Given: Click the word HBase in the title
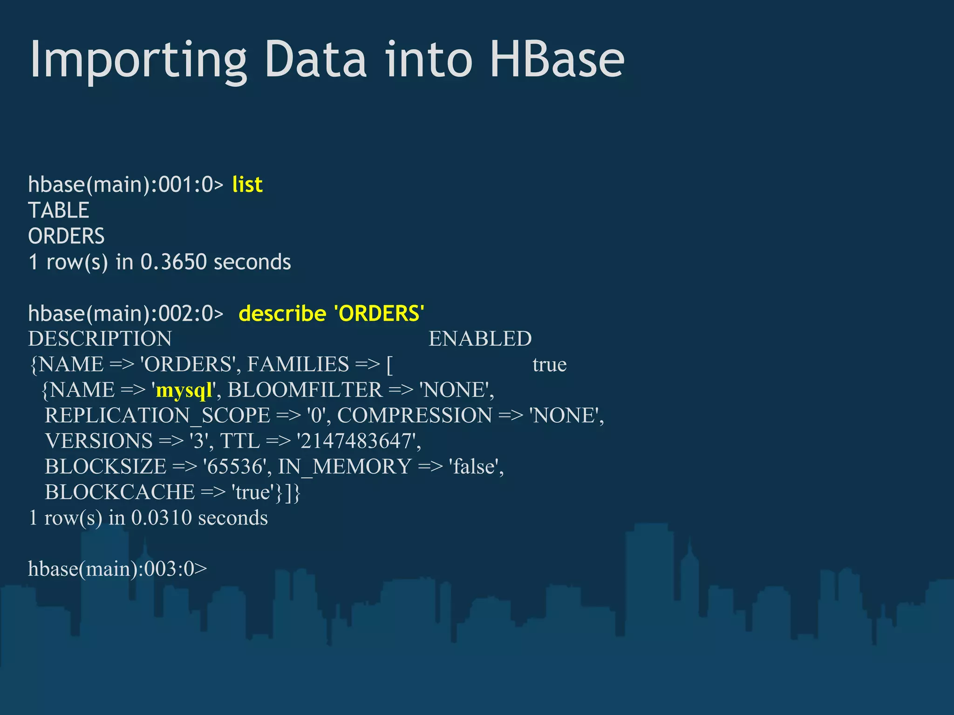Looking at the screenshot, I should (557, 60).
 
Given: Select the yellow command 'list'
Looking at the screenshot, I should (247, 184).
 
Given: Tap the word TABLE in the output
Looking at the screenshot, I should (59, 210).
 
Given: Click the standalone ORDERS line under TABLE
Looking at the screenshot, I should (66, 236).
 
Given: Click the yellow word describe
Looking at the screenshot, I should (282, 313).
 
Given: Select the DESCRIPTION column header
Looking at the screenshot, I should (100, 338).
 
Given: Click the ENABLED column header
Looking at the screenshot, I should (480, 338).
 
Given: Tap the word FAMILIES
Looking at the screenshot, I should (298, 364).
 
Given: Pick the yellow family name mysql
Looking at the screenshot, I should (184, 390).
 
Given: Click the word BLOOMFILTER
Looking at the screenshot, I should (305, 390).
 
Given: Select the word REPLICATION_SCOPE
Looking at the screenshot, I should (157, 416).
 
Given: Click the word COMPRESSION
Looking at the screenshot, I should (415, 415).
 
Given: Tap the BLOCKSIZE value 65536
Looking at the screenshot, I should (236, 466).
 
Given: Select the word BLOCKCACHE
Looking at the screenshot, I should (120, 492).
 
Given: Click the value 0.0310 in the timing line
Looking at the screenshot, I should (161, 518).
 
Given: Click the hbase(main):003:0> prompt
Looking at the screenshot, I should (117, 569).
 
